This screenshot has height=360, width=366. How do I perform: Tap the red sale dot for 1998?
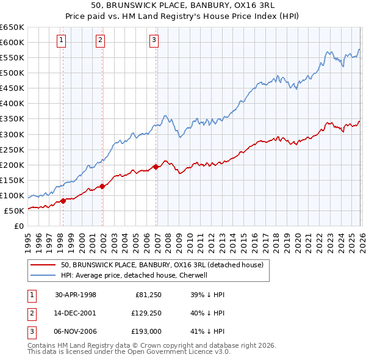point(63,201)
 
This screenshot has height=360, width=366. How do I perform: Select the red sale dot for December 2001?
point(102,186)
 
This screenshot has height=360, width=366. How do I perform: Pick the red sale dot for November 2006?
point(156,167)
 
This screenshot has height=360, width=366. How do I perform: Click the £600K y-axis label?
point(13,42)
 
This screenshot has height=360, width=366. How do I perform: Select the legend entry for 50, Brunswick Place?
point(162,265)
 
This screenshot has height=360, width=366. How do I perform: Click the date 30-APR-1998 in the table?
point(76,295)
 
